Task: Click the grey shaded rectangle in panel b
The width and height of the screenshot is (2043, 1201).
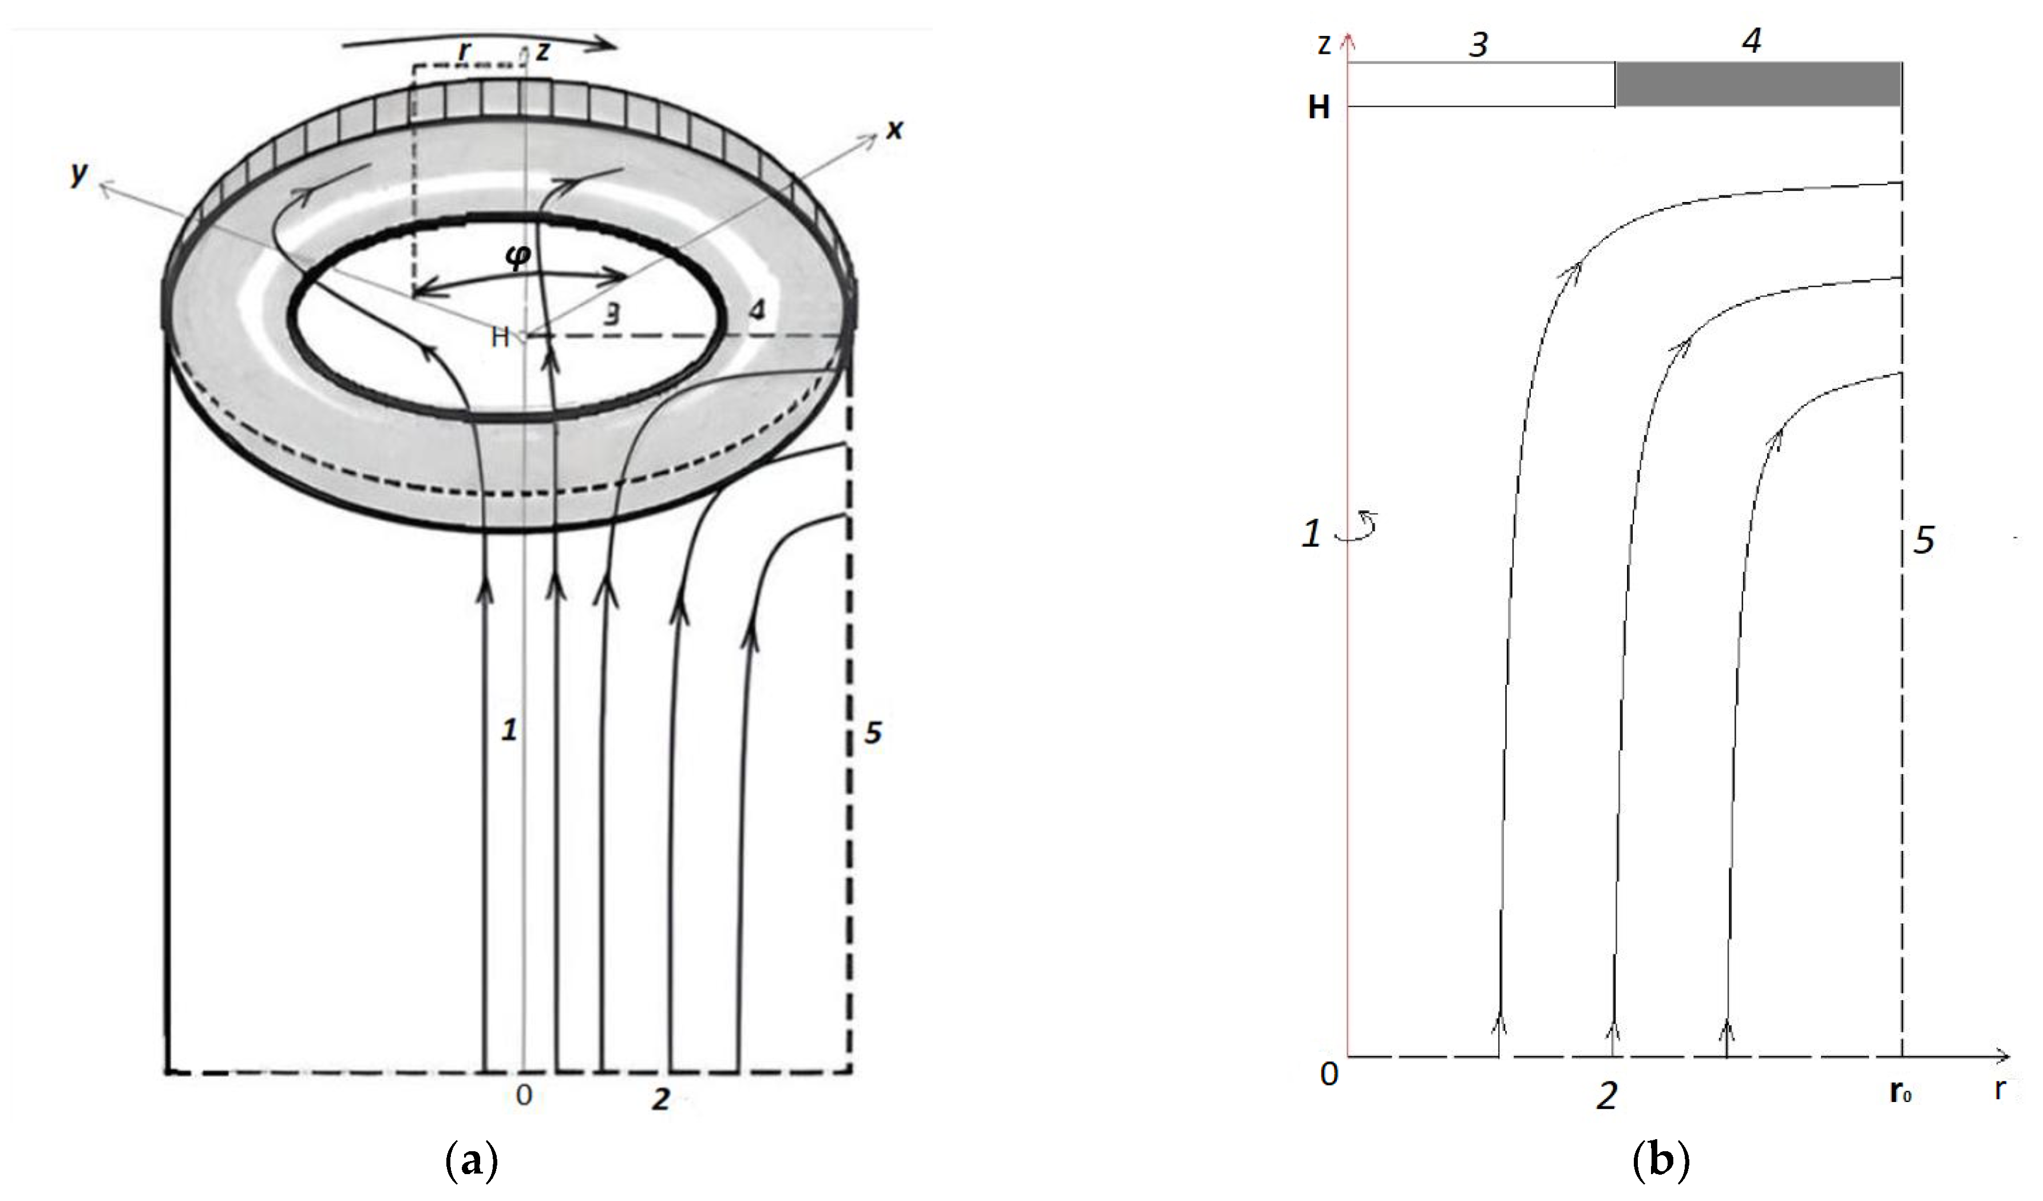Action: coord(1757,84)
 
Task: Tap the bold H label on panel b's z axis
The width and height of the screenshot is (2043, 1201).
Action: coord(1319,108)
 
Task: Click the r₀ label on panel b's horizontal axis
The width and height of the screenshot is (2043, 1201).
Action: coord(1901,1094)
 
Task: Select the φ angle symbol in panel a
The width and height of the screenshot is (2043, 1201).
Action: coord(518,256)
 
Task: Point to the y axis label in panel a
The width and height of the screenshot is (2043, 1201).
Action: coord(78,173)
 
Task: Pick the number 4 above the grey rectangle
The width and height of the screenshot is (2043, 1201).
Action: coord(1752,39)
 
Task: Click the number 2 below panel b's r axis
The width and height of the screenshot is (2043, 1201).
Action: coord(1606,1096)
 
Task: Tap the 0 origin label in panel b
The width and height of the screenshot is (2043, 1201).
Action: coord(1329,1075)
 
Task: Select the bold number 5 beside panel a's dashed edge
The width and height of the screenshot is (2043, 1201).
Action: coord(872,732)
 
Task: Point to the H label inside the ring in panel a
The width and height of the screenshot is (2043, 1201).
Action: coord(500,337)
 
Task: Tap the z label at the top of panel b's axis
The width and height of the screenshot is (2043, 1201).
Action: coord(1324,45)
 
